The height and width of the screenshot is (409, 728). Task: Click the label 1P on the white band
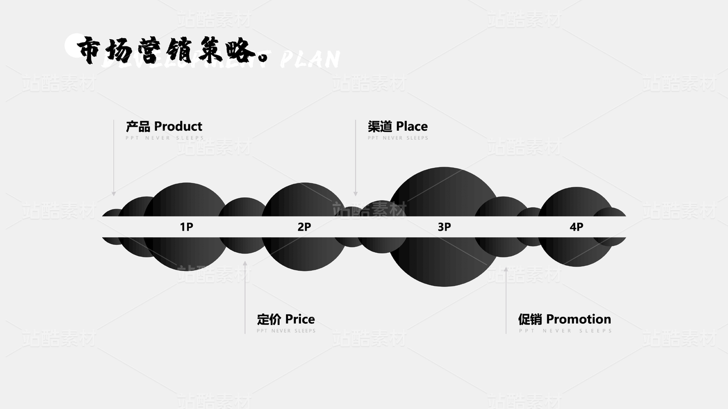pyautogui.click(x=187, y=227)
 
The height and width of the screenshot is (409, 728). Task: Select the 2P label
pyautogui.click(x=304, y=227)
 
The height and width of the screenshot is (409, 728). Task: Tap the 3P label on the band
pyautogui.click(x=444, y=227)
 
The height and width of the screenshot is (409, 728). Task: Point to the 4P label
pyautogui.click(x=576, y=227)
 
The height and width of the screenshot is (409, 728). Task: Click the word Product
pyautogui.click(x=178, y=127)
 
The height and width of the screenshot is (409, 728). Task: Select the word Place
pyautogui.click(x=412, y=127)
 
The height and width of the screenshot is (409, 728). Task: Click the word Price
pyautogui.click(x=300, y=319)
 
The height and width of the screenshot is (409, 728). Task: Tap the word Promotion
pyautogui.click(x=578, y=319)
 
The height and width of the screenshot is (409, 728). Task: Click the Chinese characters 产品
pyautogui.click(x=138, y=127)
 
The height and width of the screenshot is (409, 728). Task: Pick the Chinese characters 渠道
pyautogui.click(x=380, y=127)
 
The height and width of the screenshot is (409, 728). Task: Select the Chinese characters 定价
pyautogui.click(x=269, y=319)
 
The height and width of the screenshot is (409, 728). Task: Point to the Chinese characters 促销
pyautogui.click(x=530, y=319)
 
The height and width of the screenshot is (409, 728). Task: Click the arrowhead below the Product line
pyautogui.click(x=114, y=194)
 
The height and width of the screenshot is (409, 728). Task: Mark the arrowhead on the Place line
pyautogui.click(x=355, y=194)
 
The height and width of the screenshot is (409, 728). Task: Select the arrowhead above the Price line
pyautogui.click(x=245, y=263)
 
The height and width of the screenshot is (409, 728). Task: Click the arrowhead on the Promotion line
pyautogui.click(x=506, y=268)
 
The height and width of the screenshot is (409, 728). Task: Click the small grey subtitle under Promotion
pyautogui.click(x=565, y=331)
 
